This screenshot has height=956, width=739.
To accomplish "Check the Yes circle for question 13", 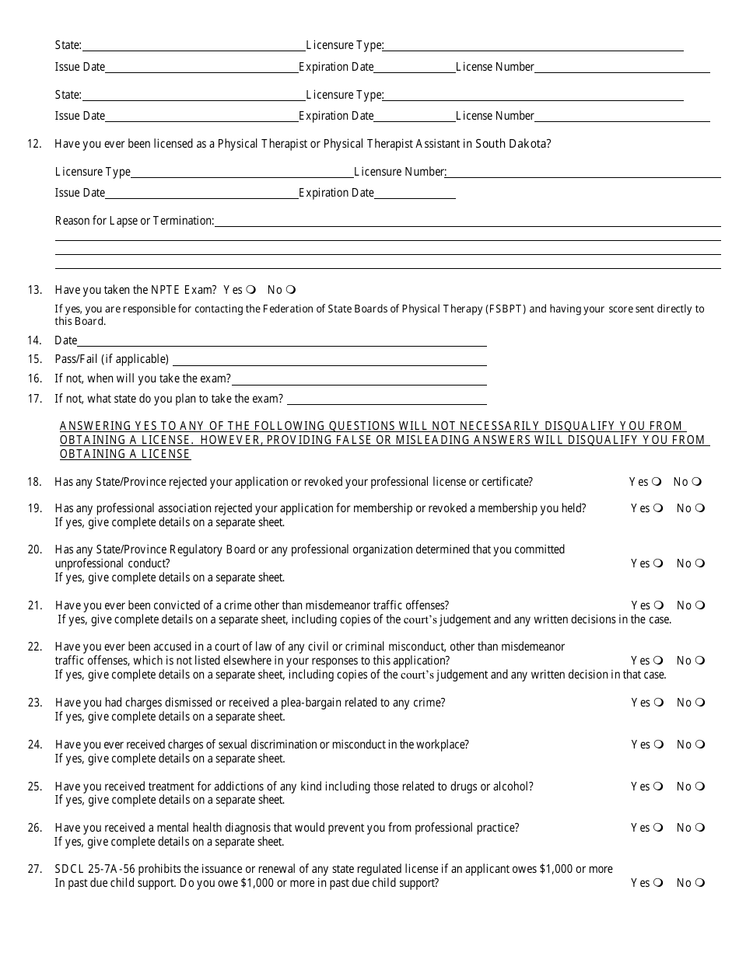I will coord(251,290).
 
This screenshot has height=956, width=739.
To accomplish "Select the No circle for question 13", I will coord(291,290).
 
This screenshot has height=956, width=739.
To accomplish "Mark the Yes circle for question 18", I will coord(657,482).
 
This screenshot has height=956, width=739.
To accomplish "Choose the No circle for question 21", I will coord(700,605).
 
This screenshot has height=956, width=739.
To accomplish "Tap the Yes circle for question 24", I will coord(659,745).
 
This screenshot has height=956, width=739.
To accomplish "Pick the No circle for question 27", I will coord(700,883).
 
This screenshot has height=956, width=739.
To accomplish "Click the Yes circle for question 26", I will coord(659,828).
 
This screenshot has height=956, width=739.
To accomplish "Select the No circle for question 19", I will coord(700,508).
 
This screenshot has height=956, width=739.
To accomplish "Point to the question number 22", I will coord(34,647).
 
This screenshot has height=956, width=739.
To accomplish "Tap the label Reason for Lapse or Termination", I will coord(134,221).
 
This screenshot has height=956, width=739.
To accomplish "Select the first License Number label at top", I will coord(495,67).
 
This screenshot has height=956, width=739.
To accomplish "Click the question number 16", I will coord(34,379).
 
